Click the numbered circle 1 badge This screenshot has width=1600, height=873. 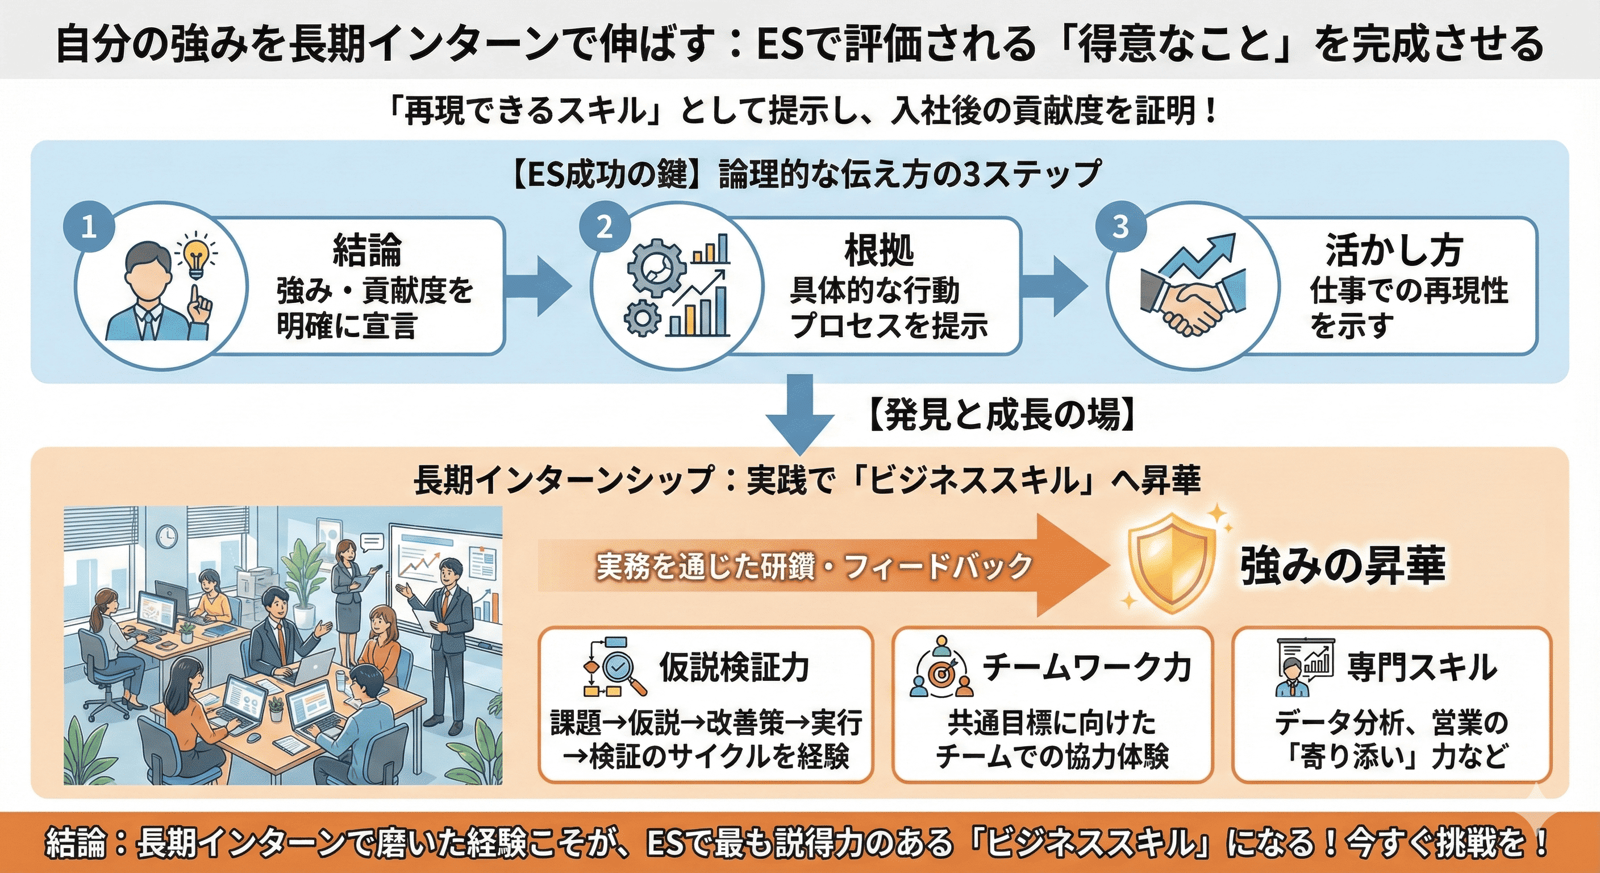pyautogui.click(x=89, y=227)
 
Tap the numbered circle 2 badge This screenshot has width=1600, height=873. pyautogui.click(x=605, y=227)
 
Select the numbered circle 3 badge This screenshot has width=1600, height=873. pyautogui.click(x=1120, y=227)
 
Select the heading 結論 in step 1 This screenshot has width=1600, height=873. pyautogui.click(x=367, y=251)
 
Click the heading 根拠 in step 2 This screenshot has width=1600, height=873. pyautogui.click(x=879, y=251)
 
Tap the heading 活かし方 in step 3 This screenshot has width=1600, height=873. pyautogui.click(x=1394, y=251)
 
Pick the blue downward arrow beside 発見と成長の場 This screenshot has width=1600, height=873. pyautogui.click(x=799, y=413)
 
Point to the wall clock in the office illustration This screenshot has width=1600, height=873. pyautogui.click(x=166, y=535)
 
